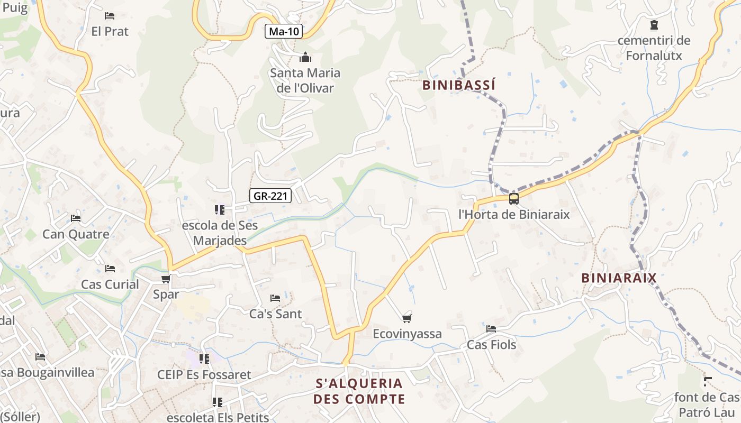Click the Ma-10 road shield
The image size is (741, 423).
(284, 31)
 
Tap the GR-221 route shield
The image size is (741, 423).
(270, 196)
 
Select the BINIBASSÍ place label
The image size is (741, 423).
(459, 85)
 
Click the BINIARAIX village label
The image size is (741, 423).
(619, 278)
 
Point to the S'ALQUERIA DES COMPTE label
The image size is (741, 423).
(359, 391)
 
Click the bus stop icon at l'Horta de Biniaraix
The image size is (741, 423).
(513, 199)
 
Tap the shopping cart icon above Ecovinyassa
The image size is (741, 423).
(406, 318)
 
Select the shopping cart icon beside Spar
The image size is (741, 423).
(166, 279)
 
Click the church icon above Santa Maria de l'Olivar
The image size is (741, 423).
(305, 57)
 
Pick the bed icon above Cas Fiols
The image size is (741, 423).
(491, 329)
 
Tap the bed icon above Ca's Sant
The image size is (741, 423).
(275, 298)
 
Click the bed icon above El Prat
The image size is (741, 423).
(110, 16)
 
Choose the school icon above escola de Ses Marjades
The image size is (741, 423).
(220, 210)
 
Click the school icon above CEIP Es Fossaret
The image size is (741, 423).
(204, 359)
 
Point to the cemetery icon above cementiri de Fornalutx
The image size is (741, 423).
(654, 24)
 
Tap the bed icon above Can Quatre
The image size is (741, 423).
(76, 218)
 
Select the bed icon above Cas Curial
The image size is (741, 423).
(110, 269)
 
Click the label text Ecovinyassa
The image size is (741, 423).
(407, 334)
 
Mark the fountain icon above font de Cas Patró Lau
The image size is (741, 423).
(708, 381)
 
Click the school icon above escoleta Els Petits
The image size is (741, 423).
(217, 402)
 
